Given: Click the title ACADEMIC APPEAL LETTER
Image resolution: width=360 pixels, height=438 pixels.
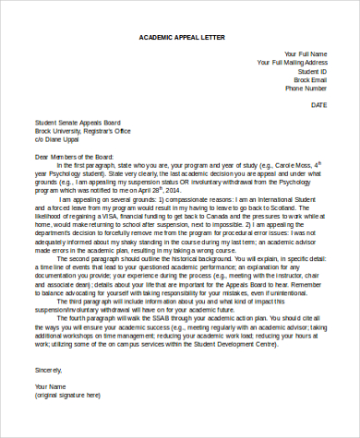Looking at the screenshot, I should [x=180, y=37].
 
